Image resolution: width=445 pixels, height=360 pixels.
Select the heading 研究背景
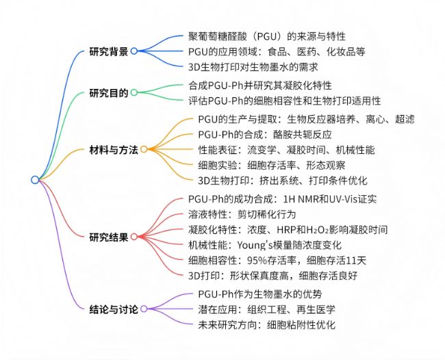[x=109, y=51]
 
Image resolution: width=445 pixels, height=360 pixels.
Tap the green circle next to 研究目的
[x=134, y=92]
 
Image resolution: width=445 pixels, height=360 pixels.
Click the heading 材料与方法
[x=114, y=149]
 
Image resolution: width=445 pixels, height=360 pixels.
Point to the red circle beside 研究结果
[x=134, y=237]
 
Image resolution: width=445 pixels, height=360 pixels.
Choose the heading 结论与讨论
[x=114, y=309]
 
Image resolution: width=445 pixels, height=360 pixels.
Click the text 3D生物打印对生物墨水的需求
[x=253, y=67]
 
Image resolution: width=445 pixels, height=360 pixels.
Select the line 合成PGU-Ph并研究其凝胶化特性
[x=260, y=85]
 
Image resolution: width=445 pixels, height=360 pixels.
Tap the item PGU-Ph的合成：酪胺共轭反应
[x=265, y=134]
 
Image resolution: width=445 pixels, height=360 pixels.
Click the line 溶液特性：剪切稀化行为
[x=242, y=214]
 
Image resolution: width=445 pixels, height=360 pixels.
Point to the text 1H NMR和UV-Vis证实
[x=330, y=199]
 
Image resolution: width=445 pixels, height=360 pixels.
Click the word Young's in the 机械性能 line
[x=255, y=245]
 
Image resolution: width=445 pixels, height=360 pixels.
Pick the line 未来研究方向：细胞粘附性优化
[x=266, y=324]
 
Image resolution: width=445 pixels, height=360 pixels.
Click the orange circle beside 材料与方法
[x=144, y=149]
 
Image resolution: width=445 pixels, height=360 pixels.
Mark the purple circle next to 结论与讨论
[x=144, y=309]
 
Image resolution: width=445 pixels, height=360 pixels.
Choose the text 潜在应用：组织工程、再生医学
[x=266, y=309]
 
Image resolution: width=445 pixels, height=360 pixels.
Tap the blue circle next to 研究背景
[x=134, y=51]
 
